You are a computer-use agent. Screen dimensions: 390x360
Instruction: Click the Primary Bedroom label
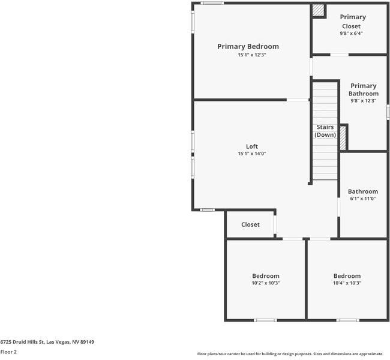(x=248, y=47)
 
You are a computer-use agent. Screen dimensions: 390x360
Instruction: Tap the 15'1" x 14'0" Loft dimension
(x=252, y=154)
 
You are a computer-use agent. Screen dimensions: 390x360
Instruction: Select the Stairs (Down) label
(x=325, y=131)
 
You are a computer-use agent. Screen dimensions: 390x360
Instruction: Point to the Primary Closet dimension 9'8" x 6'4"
(x=351, y=34)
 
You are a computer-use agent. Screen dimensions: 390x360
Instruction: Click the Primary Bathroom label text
(x=364, y=89)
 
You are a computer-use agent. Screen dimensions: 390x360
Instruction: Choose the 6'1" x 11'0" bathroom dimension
(x=362, y=199)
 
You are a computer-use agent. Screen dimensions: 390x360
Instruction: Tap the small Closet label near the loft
(x=250, y=224)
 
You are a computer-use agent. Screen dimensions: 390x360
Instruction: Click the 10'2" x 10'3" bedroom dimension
(x=266, y=283)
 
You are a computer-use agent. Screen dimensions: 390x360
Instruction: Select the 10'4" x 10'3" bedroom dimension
(x=347, y=283)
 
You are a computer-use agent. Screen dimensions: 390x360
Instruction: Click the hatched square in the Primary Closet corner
(x=318, y=10)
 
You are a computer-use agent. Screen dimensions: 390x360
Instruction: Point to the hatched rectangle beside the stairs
(x=343, y=138)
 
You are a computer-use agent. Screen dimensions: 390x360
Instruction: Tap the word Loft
(x=252, y=146)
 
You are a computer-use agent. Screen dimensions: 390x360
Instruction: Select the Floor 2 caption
(x=8, y=352)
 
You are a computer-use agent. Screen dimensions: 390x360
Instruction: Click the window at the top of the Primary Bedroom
(x=212, y=3)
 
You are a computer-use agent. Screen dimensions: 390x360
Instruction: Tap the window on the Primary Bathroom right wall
(x=388, y=112)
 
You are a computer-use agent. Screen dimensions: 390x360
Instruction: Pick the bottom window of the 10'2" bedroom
(x=265, y=320)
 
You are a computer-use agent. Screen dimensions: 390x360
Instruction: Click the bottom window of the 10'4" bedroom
(x=347, y=320)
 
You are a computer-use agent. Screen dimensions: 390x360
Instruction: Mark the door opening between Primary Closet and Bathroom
(x=339, y=55)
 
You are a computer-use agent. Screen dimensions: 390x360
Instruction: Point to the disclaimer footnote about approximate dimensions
(x=290, y=354)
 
